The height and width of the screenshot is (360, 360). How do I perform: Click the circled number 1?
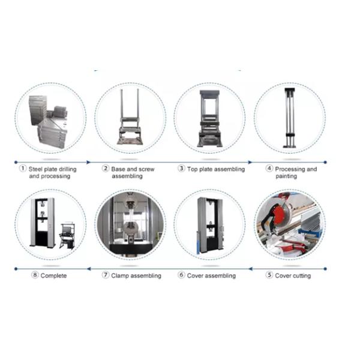[x=23, y=169]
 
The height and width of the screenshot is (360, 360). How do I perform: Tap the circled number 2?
[x=105, y=169]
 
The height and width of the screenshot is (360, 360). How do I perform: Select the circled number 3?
[x=181, y=169]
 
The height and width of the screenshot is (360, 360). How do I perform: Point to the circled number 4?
[x=269, y=169]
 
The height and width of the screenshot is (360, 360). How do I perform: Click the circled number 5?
[x=269, y=275]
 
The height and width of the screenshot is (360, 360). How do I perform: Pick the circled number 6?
[x=181, y=275]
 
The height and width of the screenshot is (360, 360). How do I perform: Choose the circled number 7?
[x=105, y=275]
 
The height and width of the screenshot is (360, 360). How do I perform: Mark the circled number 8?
[x=35, y=275]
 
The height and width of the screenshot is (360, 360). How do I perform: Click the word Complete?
[x=54, y=275]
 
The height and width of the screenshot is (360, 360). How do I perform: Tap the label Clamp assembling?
[x=136, y=275]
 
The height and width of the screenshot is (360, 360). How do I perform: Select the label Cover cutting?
[x=293, y=275]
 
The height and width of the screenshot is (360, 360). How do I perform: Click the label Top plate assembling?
[x=216, y=169]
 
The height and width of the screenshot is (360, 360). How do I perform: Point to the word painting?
[x=286, y=176]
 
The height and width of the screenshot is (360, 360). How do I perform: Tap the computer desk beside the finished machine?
[x=67, y=236]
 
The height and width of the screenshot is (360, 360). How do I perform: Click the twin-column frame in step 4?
[x=290, y=118]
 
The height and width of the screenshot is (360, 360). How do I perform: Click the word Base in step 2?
[x=118, y=169]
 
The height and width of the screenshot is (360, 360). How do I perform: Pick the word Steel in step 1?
[x=35, y=169]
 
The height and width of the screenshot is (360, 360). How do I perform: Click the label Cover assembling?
[x=211, y=275]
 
